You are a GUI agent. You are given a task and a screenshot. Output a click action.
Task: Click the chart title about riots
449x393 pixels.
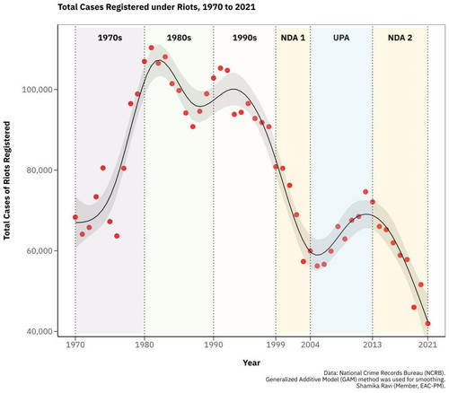(x=156, y=7)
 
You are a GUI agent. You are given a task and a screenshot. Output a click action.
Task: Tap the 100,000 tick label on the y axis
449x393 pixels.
(x=37, y=90)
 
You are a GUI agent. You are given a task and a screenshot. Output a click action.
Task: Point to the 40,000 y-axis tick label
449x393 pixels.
(x=39, y=331)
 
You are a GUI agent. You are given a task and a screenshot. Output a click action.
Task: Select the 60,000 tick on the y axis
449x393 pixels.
(x=39, y=250)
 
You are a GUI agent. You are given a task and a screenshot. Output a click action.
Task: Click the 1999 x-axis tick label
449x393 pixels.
(x=276, y=345)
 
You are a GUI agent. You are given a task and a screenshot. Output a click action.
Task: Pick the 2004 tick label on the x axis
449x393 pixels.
(x=311, y=345)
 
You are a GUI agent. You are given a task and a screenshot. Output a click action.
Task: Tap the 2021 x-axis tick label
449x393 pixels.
(x=427, y=345)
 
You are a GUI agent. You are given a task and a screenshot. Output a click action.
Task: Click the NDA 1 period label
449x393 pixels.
(x=293, y=38)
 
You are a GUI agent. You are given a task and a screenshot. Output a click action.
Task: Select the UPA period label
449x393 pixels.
(x=341, y=38)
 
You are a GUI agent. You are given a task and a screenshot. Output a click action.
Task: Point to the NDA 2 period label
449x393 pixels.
(x=400, y=38)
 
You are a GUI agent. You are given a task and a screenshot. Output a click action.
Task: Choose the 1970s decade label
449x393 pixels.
(x=110, y=38)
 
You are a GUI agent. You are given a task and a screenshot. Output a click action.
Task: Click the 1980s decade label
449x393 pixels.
(x=179, y=38)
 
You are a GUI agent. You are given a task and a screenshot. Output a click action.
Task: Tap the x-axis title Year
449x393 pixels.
(x=251, y=362)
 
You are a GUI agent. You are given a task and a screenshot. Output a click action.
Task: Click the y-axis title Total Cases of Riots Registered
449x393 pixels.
(x=7, y=180)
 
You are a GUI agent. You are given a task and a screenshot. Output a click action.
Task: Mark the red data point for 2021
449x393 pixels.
(x=427, y=323)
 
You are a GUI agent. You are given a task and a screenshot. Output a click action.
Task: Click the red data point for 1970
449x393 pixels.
(x=75, y=217)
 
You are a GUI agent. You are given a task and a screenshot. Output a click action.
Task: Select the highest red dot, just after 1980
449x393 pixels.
(x=151, y=48)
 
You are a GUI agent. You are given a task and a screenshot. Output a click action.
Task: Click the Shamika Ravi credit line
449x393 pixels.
(x=401, y=386)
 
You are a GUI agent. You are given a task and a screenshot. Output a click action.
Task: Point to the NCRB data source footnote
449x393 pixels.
(x=384, y=373)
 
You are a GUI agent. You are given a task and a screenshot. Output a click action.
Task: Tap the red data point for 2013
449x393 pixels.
(x=373, y=202)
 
